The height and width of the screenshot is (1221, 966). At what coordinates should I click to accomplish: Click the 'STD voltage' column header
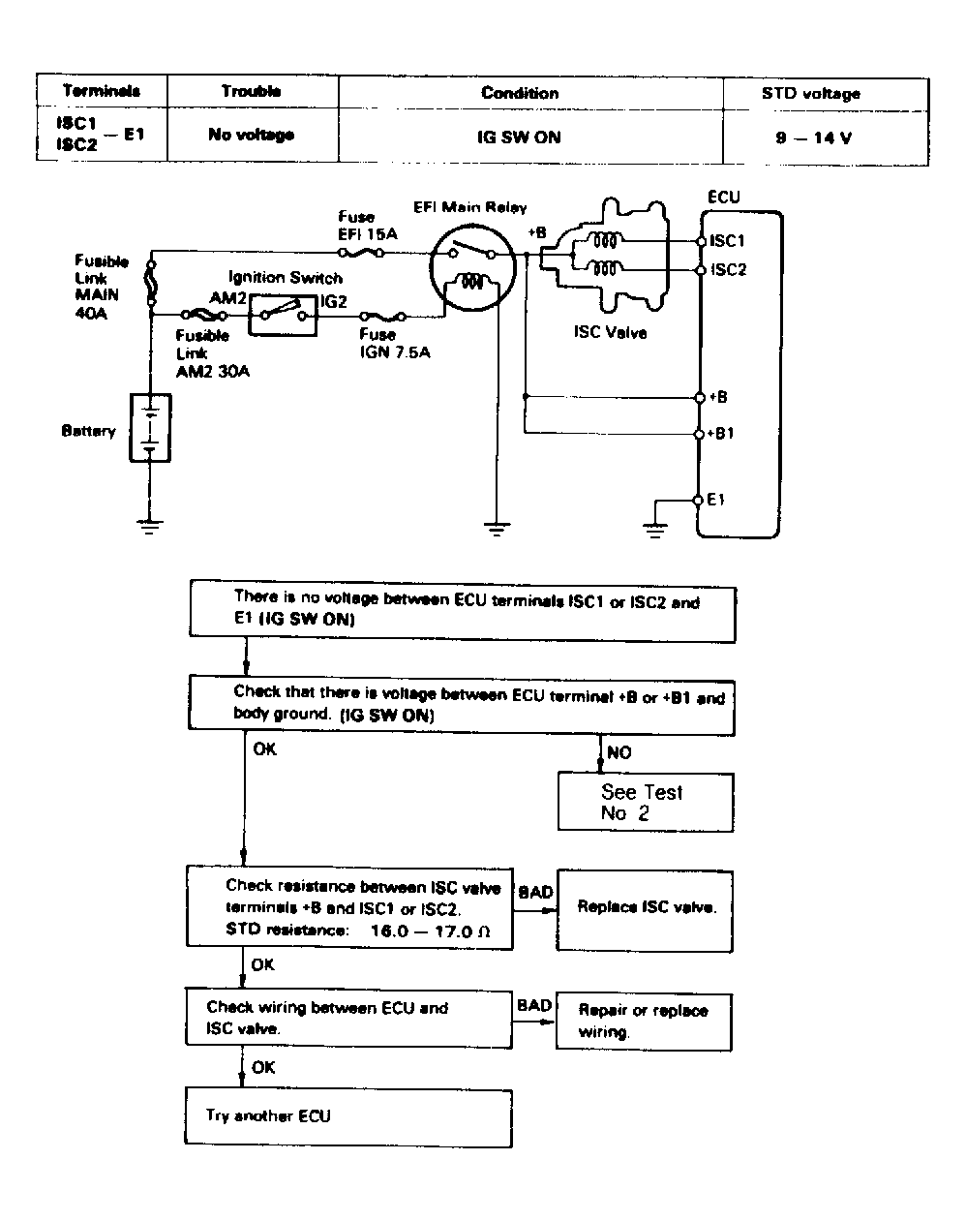(x=810, y=93)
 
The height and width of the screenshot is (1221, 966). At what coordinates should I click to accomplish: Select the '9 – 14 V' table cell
(x=813, y=137)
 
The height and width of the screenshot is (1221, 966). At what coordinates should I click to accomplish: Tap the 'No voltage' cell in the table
(x=252, y=135)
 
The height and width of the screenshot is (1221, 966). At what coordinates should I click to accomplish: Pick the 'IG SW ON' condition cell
(x=519, y=137)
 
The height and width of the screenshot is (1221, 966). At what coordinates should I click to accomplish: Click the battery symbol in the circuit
(x=150, y=428)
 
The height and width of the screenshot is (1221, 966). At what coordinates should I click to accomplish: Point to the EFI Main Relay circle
(x=472, y=268)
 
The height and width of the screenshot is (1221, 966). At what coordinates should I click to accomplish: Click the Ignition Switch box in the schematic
(x=283, y=315)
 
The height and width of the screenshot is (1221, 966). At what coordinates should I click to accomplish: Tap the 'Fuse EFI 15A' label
(x=368, y=226)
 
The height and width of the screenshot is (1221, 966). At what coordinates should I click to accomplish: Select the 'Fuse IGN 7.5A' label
(x=395, y=344)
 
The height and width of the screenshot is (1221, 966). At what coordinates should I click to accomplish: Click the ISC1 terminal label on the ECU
(x=727, y=241)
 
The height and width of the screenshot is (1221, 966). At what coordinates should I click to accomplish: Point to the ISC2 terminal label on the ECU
(x=728, y=269)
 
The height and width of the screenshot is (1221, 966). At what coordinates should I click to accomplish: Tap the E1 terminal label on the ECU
(x=716, y=500)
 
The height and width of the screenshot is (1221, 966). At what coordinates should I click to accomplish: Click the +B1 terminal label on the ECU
(x=720, y=433)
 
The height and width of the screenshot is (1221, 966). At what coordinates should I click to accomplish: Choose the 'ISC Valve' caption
(x=611, y=332)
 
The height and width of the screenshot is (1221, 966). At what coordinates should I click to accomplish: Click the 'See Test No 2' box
(x=646, y=803)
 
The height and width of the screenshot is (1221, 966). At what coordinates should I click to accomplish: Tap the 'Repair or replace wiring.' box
(x=644, y=1022)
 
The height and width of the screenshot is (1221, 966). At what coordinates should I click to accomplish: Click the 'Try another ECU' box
(x=348, y=1117)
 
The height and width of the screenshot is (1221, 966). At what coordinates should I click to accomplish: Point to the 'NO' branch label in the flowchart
(x=619, y=753)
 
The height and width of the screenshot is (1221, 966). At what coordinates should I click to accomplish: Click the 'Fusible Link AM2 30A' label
(x=213, y=352)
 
